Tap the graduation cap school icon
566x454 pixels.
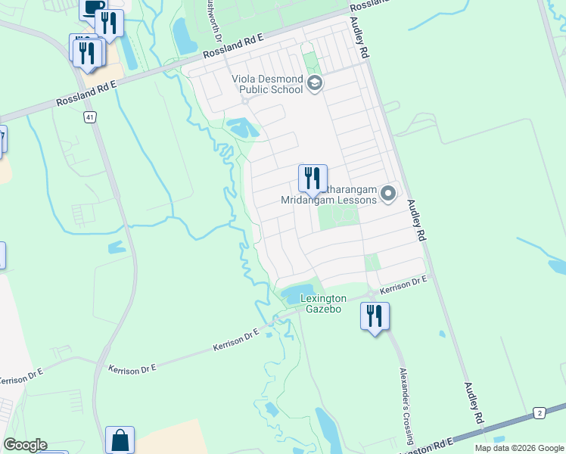pyautogui.click(x=315, y=83)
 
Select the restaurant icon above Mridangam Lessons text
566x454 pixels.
pyautogui.click(x=313, y=179)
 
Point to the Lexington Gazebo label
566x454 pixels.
pyautogui.click(x=323, y=304)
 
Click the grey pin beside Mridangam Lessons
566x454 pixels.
pyautogui.click(x=388, y=194)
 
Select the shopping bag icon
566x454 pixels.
pyautogui.click(x=120, y=440)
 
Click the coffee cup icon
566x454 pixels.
pyautogui.click(x=93, y=8)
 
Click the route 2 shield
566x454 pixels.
pyautogui.click(x=540, y=412)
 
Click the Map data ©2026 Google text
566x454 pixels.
pyautogui.click(x=519, y=448)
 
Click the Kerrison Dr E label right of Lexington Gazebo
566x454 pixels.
pyautogui.click(x=404, y=285)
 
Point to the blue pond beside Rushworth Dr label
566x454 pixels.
pyautogui.click(x=183, y=35)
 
